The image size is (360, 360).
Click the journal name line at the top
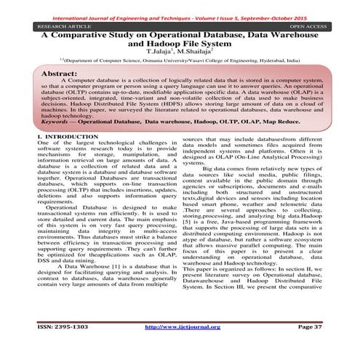(180, 7)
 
